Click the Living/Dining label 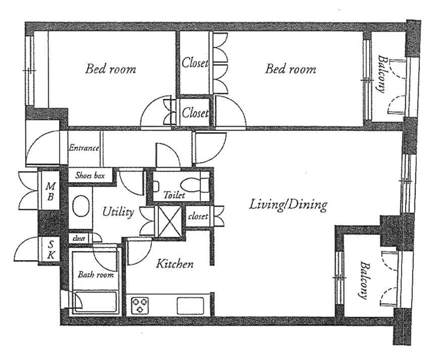click(x=288, y=205)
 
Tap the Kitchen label click(x=175, y=264)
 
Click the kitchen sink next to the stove click(x=190, y=306)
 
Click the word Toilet click(x=174, y=194)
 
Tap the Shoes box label click(x=90, y=176)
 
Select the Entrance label click(x=84, y=148)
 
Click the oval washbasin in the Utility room click(x=81, y=206)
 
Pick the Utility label click(x=118, y=212)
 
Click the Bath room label click(x=96, y=275)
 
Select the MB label click(x=51, y=192)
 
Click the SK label click(x=51, y=250)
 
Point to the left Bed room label click(x=110, y=69)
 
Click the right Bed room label click(x=291, y=69)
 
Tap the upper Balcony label click(x=382, y=74)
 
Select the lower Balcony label click(x=364, y=280)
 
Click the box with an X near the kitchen click(x=170, y=221)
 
